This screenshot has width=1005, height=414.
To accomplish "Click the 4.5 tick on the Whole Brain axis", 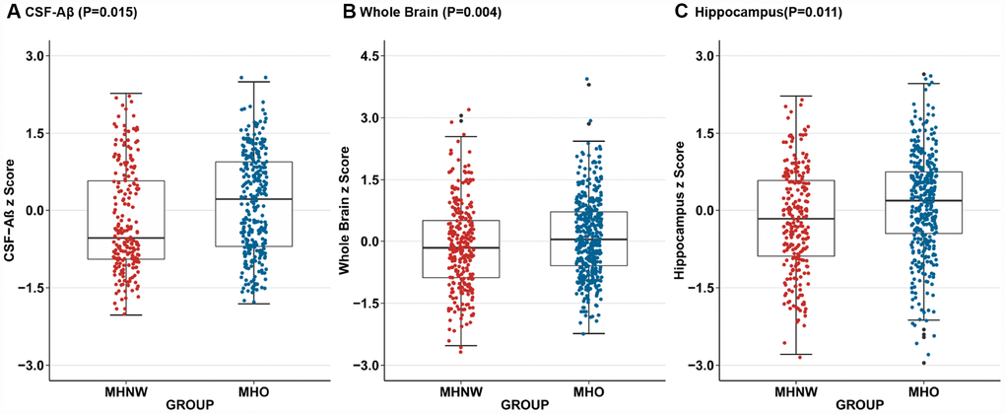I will [370, 56].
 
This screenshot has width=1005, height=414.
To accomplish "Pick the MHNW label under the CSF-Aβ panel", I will [125, 392].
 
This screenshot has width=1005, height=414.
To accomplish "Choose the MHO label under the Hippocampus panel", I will [923, 392].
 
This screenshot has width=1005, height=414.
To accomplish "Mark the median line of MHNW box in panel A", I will [125, 238].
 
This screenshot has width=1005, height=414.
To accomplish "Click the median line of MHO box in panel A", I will [253, 199].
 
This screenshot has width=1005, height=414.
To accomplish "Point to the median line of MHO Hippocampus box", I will [923, 201].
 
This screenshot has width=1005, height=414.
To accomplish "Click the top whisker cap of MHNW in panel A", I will [125, 94].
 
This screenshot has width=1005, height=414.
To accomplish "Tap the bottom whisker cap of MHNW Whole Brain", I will [460, 346].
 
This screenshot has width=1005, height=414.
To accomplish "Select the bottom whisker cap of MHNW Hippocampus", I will [796, 354].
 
